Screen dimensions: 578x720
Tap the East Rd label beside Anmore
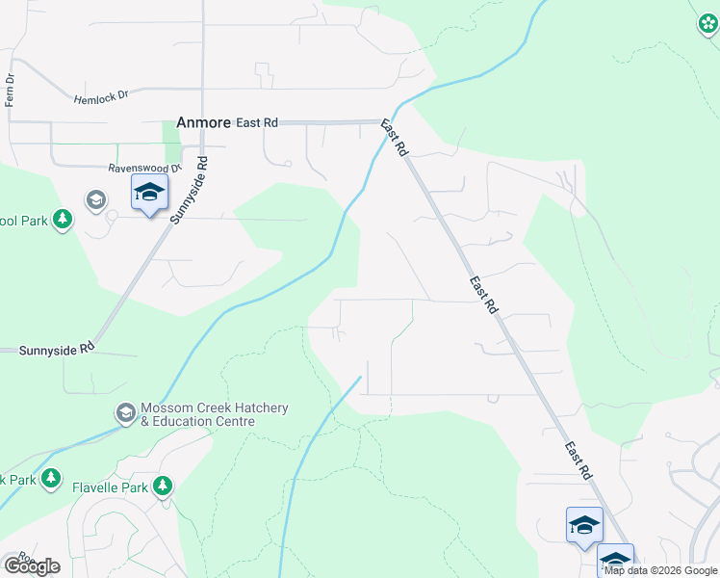(x=257, y=122)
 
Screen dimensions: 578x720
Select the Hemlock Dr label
(x=101, y=97)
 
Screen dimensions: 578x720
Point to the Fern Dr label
(x=11, y=90)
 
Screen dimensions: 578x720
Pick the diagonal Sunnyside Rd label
(x=189, y=191)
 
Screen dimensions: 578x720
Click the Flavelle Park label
(x=111, y=487)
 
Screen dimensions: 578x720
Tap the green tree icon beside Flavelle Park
(x=165, y=486)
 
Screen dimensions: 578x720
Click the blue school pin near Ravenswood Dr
(x=149, y=193)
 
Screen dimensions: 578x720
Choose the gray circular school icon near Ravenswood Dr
(x=95, y=200)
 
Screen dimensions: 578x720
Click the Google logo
(x=31, y=565)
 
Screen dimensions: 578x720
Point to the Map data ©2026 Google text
(x=661, y=570)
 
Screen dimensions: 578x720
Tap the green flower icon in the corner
(x=707, y=24)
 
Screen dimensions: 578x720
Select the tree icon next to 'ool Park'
(x=64, y=221)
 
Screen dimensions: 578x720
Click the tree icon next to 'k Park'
(x=51, y=479)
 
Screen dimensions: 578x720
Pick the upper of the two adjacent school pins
(x=584, y=525)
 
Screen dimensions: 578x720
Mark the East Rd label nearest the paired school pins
(x=579, y=461)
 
